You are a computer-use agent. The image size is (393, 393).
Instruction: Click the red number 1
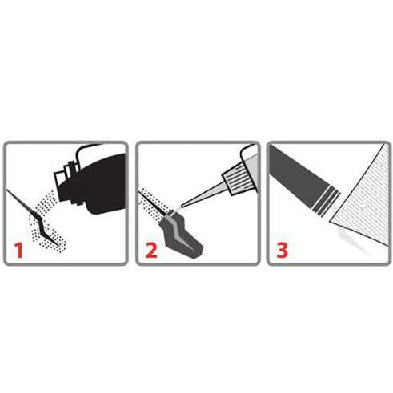[19, 250]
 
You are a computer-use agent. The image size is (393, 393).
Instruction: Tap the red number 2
[151, 250]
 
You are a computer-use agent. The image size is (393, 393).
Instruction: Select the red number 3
[283, 250]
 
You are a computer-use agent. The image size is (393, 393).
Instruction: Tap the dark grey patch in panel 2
[182, 235]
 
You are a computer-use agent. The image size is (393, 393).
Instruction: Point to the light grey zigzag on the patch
[178, 230]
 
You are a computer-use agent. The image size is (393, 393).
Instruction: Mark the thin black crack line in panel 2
[153, 203]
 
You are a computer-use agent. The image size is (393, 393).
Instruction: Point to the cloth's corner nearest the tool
[331, 221]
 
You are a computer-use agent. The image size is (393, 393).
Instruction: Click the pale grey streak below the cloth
[352, 240]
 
